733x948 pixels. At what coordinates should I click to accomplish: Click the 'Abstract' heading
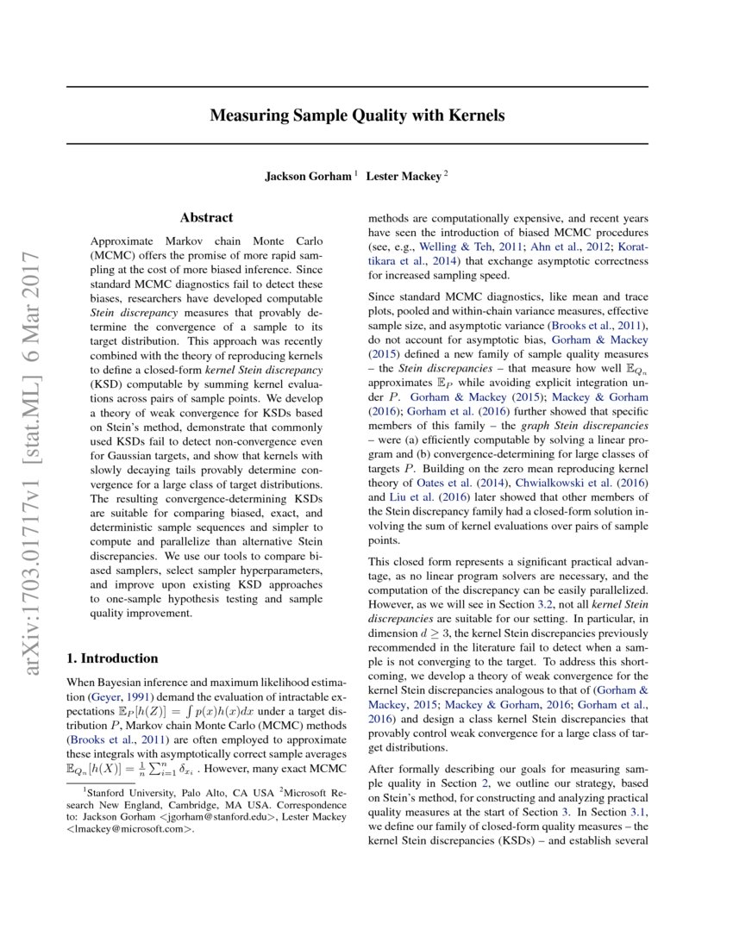tap(206, 219)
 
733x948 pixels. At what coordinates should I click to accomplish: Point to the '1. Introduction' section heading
tap(112, 658)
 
